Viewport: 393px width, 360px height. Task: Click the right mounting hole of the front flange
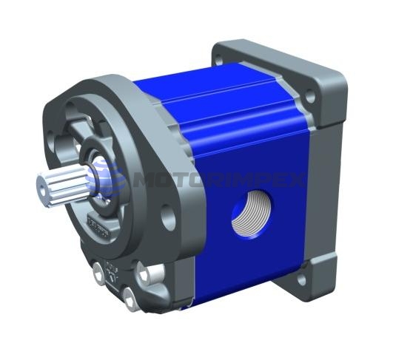pyautogui.click(x=169, y=219)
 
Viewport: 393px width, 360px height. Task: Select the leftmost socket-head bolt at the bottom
pyautogui.click(x=98, y=275)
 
